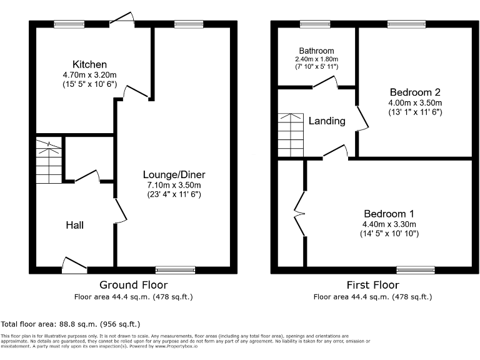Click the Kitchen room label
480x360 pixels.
pyautogui.click(x=89, y=64)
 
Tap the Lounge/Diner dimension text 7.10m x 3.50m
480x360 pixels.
pyautogui.click(x=174, y=185)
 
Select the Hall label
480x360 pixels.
pyautogui.click(x=75, y=225)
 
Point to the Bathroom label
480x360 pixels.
pyautogui.click(x=316, y=51)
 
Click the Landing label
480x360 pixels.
pyautogui.click(x=327, y=121)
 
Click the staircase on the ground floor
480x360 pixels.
pyautogui.click(x=49, y=161)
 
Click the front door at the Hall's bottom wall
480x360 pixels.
pyautogui.click(x=74, y=265)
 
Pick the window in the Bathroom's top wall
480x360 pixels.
pyautogui.click(x=314, y=24)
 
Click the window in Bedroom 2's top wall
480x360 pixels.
pyautogui.click(x=406, y=24)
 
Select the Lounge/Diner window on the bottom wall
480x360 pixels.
pyautogui.click(x=175, y=270)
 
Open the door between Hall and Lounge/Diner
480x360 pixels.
pyautogui.click(x=119, y=212)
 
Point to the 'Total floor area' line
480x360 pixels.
pyautogui.click(x=71, y=324)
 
